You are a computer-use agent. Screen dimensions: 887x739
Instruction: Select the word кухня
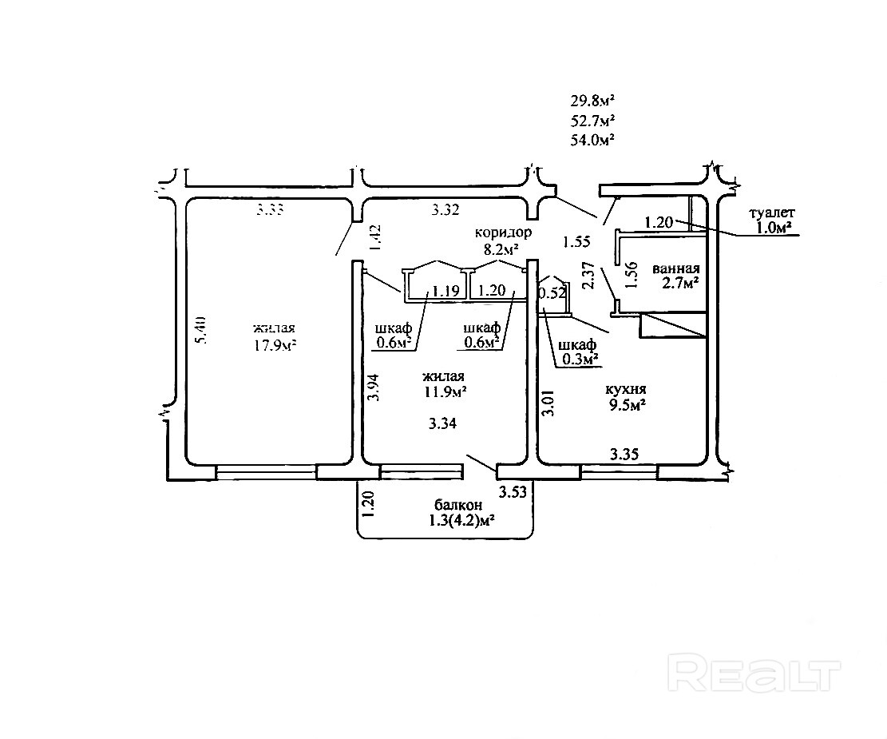(626, 389)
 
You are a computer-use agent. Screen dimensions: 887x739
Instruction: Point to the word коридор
(503, 232)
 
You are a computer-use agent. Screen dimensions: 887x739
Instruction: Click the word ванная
(676, 268)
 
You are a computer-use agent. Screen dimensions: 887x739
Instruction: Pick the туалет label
(772, 213)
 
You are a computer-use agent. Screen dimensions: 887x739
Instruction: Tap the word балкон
(458, 505)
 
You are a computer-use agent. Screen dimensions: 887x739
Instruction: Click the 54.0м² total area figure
(592, 140)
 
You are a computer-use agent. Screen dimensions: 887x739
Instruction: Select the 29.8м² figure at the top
(592, 101)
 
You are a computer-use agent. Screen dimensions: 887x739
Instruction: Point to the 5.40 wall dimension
(202, 330)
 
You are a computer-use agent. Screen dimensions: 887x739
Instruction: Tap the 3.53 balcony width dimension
(512, 492)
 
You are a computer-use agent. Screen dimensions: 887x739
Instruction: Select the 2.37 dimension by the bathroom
(589, 276)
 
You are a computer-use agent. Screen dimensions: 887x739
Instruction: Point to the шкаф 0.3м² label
(578, 352)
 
